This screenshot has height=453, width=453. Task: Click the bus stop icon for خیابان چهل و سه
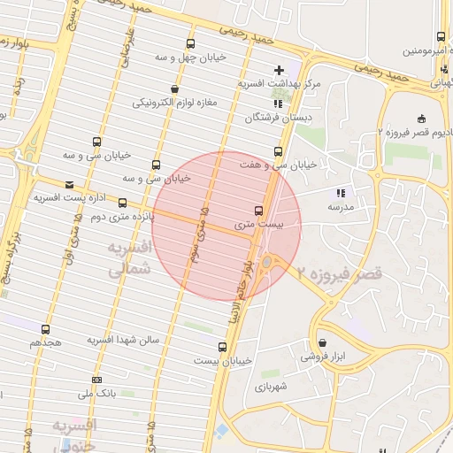pos(190,43)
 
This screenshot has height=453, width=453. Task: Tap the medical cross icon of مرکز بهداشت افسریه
pos(280,70)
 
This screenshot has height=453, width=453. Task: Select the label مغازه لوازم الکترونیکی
pos(180,104)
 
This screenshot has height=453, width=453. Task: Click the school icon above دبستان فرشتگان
pos(280,104)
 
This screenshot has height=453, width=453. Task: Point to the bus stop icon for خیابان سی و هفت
pos(280,151)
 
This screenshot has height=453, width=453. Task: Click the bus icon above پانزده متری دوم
pos(122,203)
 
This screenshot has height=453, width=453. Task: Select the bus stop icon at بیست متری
pos(258,211)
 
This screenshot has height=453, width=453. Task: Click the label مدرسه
pos(340,206)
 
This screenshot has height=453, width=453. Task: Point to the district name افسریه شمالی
pos(131,259)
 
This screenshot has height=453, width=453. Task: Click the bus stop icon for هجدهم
pos(46,329)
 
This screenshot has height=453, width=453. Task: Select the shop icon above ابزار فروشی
pos(321,342)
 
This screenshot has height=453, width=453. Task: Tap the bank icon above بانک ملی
pos(96,379)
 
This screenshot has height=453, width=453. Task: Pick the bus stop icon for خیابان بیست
pos(222,347)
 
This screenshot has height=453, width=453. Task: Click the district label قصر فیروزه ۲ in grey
pos(340,275)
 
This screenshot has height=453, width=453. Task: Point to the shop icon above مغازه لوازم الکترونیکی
pos(175,89)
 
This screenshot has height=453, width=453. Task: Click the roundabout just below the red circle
pos(266,262)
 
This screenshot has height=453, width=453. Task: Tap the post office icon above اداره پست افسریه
pos(39,184)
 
